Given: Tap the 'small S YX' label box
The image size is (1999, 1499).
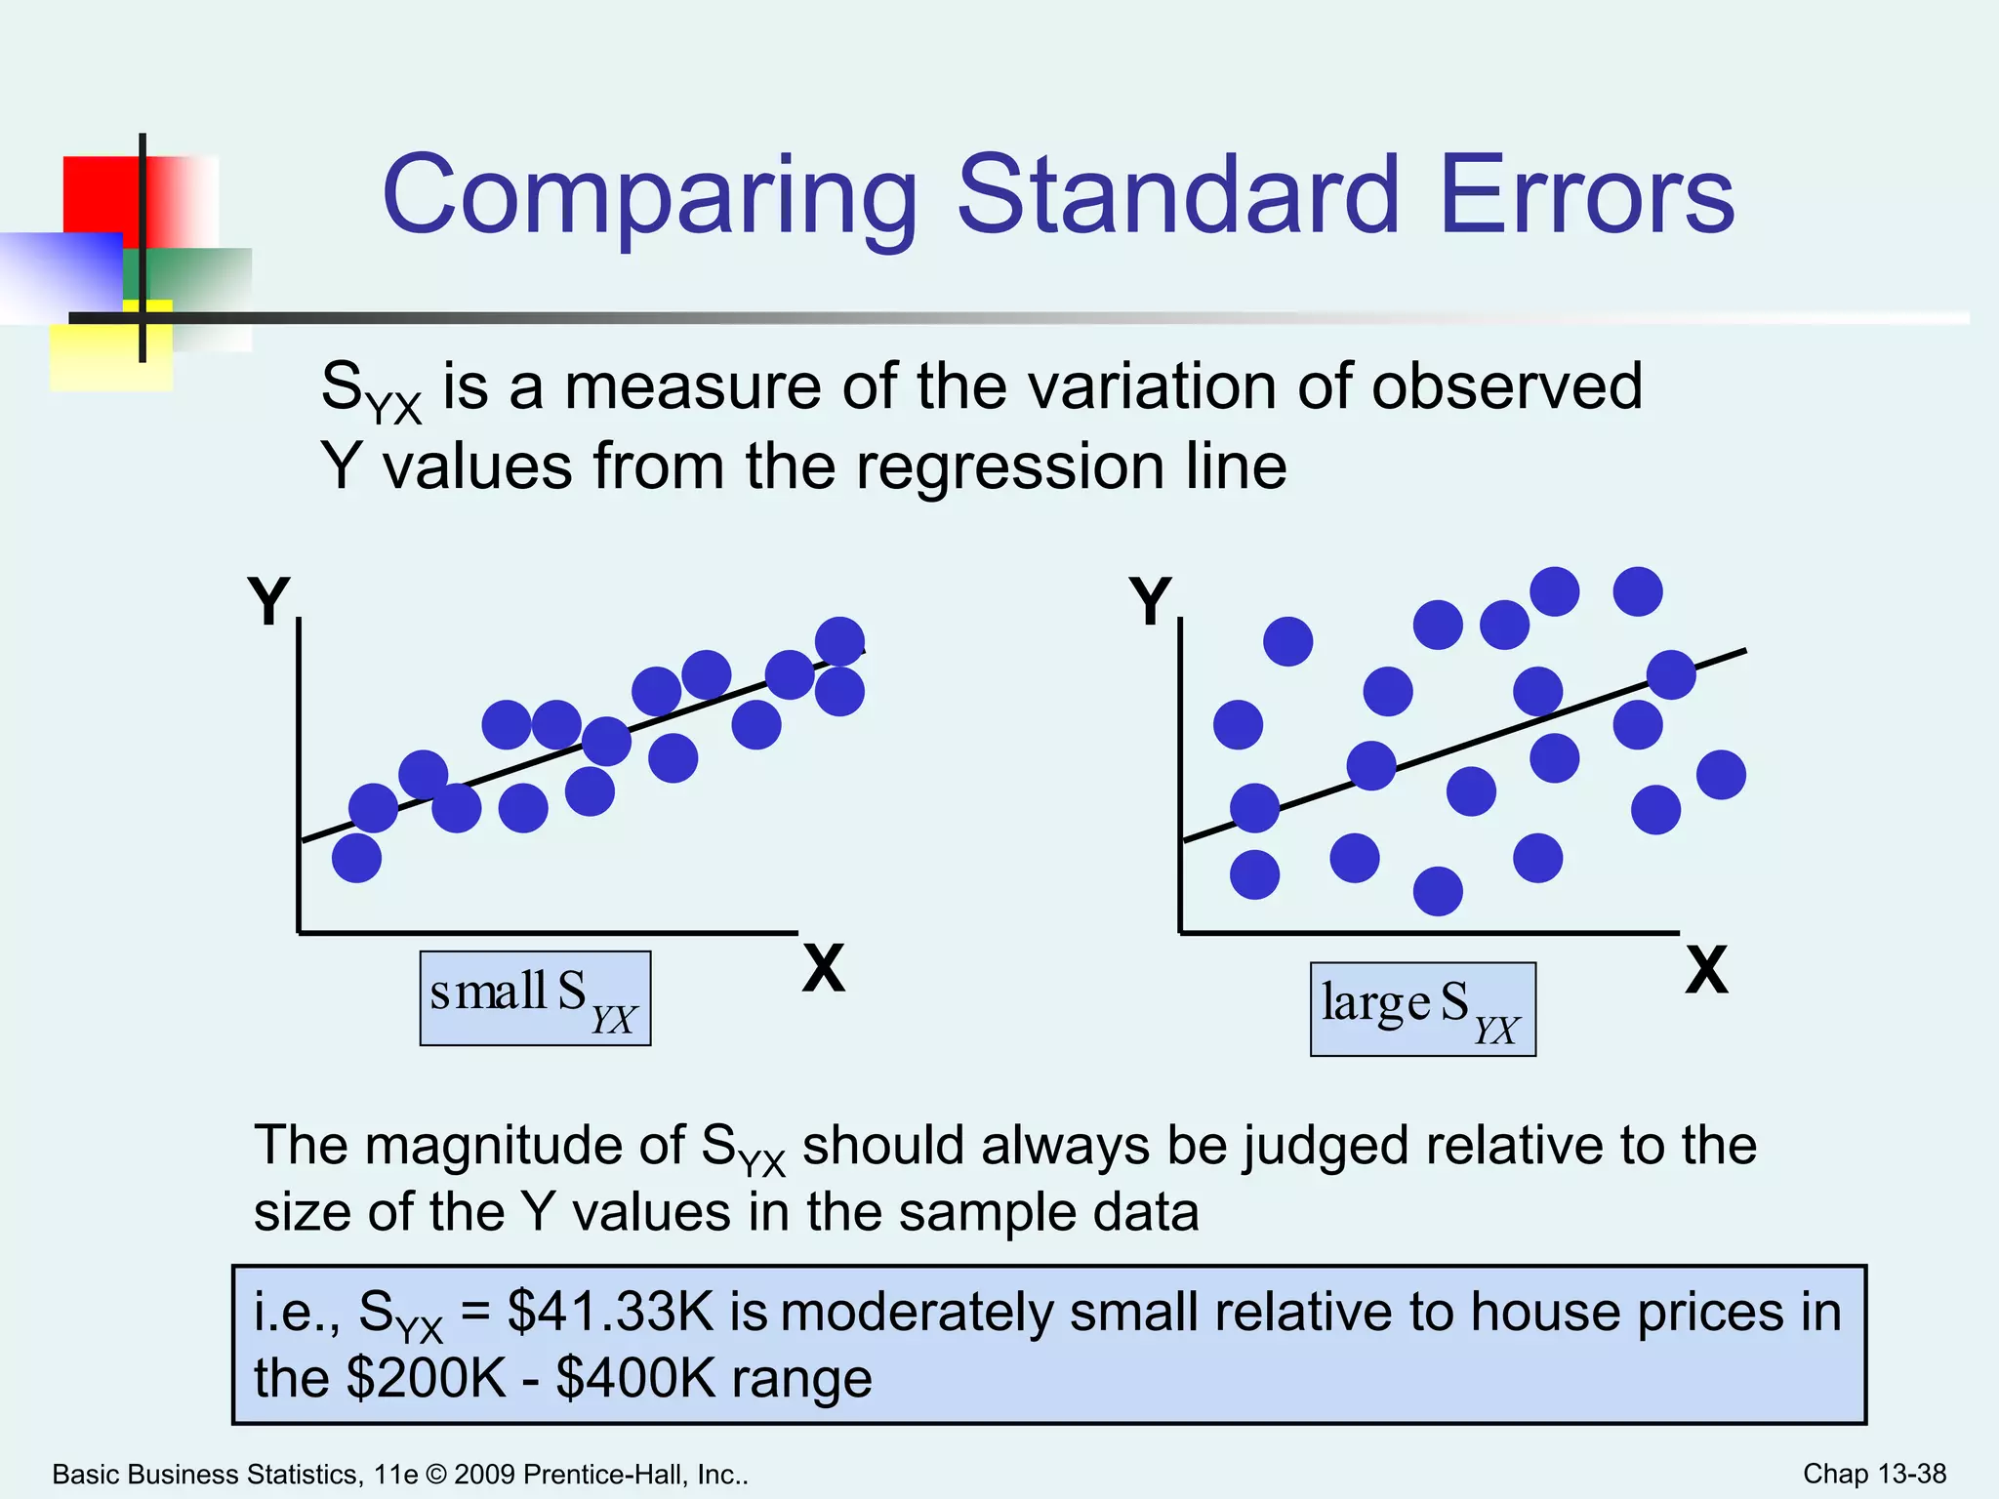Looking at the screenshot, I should coord(535,998).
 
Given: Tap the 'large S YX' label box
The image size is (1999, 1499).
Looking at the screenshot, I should coord(1422,1009).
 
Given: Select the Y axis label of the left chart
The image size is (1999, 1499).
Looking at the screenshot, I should coord(268,601).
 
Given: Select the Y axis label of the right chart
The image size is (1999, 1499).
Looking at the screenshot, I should coord(1150,601).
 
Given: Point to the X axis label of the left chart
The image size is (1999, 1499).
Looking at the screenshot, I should coord(824,968).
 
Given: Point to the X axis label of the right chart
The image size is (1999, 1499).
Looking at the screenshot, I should coord(1706,970).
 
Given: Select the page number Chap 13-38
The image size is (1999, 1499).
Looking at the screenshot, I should coord(1874,1473).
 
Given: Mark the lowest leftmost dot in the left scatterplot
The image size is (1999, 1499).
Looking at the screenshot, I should coord(356,858).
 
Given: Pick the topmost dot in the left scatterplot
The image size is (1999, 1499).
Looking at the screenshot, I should coord(839,641).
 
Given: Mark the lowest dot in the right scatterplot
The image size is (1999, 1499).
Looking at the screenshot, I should coord(1438,891).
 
